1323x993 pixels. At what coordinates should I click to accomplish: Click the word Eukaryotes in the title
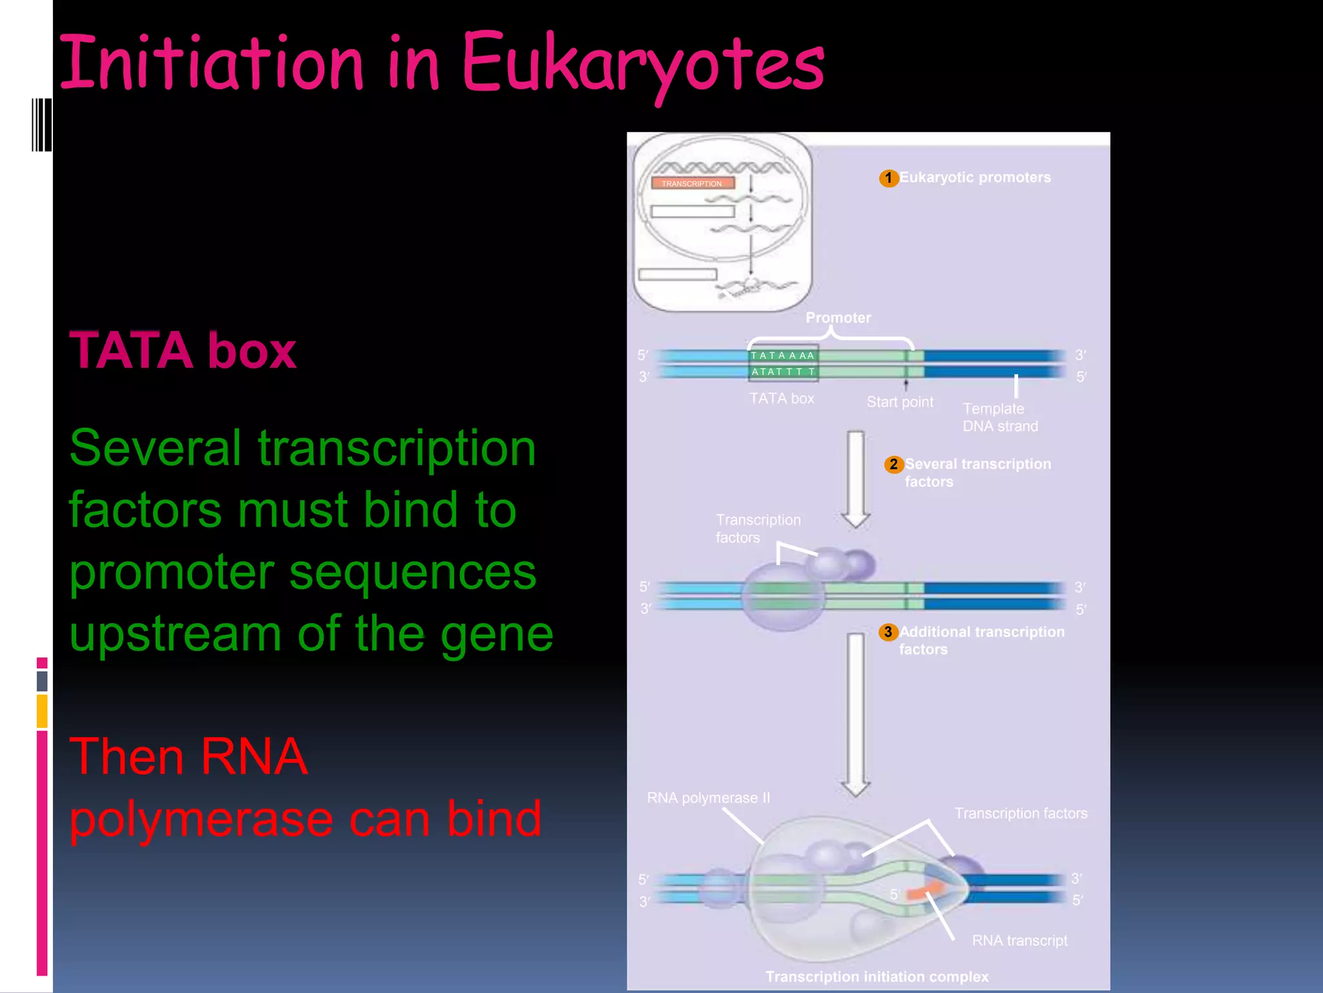tap(643, 63)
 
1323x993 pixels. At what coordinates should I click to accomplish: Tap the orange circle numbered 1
tap(889, 178)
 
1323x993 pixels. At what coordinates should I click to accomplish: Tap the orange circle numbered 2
tap(893, 464)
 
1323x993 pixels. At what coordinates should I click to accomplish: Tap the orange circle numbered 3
tap(888, 632)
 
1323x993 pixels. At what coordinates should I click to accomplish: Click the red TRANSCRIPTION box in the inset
tap(692, 184)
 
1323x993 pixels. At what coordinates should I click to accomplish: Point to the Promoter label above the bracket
tap(838, 317)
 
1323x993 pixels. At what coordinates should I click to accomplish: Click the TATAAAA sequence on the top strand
tap(782, 356)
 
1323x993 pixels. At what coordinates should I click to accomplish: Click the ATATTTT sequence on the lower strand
tap(782, 372)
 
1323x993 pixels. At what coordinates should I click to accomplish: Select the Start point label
tap(899, 402)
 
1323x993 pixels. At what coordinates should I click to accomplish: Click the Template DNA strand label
tap(999, 418)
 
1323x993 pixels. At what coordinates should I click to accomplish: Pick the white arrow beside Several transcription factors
tap(856, 478)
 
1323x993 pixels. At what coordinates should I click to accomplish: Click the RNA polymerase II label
tap(708, 798)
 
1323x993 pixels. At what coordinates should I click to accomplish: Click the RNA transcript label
tap(1019, 941)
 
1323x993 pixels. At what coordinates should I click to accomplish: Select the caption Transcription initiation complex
tap(877, 977)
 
